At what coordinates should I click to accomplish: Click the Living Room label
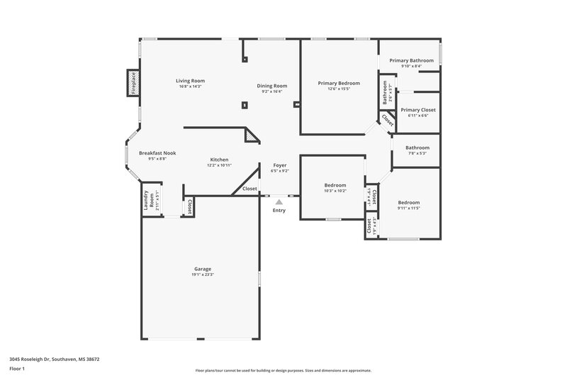point(190,80)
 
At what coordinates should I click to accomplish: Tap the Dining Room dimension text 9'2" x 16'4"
point(272,91)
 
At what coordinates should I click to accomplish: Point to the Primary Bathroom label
point(411,60)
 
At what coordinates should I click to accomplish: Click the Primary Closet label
point(417,110)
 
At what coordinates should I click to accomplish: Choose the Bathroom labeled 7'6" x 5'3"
point(417,148)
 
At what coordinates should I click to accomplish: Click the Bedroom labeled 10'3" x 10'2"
point(335,184)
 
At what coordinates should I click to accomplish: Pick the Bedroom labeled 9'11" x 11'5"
point(408,202)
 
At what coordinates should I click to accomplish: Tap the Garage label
point(202,269)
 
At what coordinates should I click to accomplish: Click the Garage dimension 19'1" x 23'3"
point(202,274)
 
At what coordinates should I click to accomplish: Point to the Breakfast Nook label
point(157,153)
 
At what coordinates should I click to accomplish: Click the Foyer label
point(279,165)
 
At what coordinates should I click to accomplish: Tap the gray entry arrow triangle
point(279,202)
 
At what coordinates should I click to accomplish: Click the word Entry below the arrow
point(279,210)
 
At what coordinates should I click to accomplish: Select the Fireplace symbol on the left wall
point(132,82)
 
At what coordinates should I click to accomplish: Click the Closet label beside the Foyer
point(249,189)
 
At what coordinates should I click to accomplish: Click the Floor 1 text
point(17,369)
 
